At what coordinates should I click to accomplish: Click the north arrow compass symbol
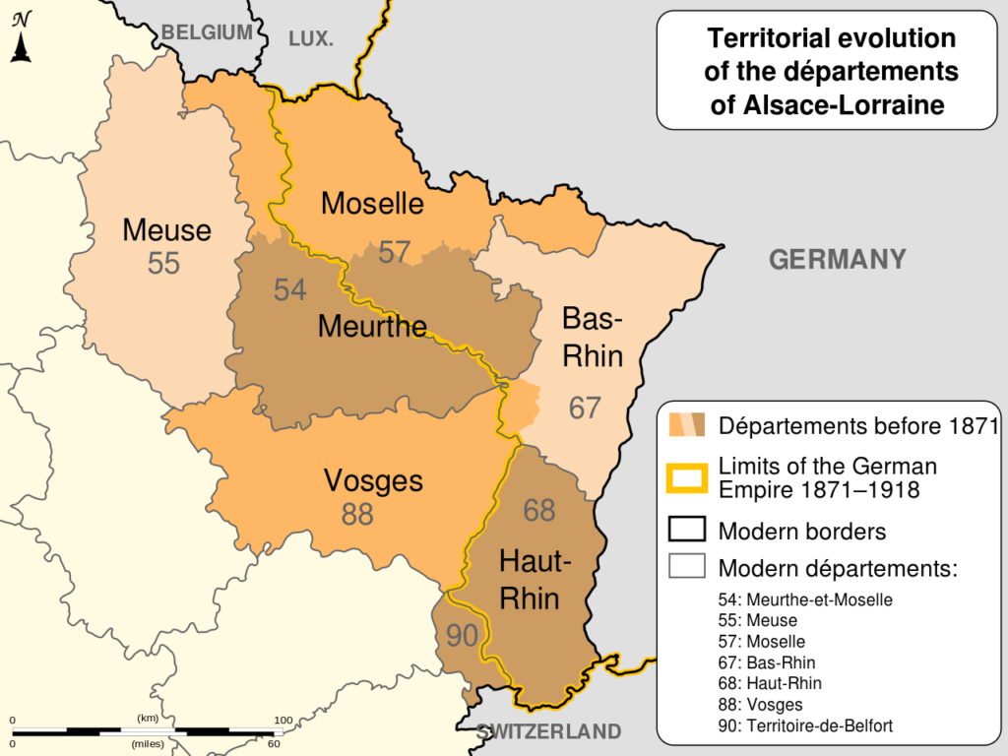tap(21, 37)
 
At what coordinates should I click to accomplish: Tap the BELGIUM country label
tap(207, 32)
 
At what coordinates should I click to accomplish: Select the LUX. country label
tap(311, 39)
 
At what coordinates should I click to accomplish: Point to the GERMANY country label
tap(837, 260)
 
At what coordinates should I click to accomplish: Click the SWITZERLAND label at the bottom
tap(548, 731)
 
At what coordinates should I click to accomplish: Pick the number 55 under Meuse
tap(164, 264)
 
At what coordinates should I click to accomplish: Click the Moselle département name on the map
tap(373, 204)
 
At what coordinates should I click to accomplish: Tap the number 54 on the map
tap(289, 290)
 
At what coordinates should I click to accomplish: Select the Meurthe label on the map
tap(372, 327)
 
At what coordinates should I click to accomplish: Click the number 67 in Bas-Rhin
tap(585, 408)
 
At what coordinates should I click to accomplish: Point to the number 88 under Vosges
tap(358, 514)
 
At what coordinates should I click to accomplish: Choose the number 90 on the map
tap(461, 636)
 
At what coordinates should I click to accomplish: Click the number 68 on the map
tap(539, 510)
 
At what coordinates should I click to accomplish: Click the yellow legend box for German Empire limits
tap(686, 477)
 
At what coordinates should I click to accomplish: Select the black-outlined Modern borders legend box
tap(686, 532)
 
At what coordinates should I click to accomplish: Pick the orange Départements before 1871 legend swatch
tap(686, 426)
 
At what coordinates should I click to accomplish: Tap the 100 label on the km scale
tap(283, 721)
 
